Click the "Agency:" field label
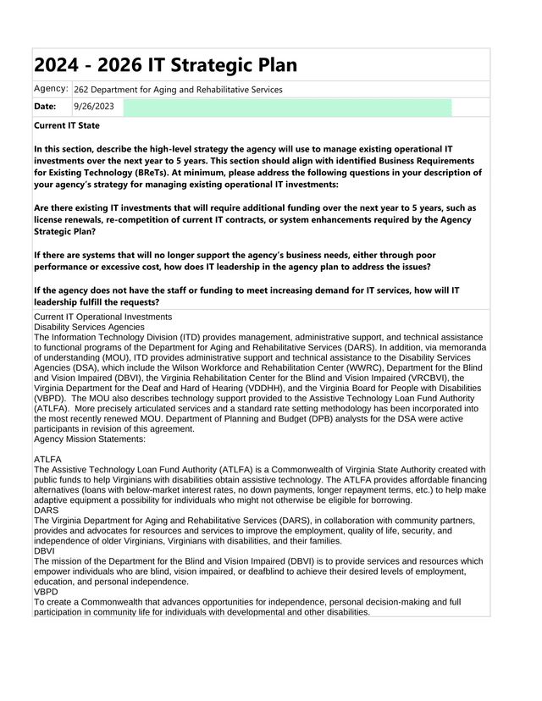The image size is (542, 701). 51,89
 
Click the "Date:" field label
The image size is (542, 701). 45,107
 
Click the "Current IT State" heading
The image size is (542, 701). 66,125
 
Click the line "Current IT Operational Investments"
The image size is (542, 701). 102,317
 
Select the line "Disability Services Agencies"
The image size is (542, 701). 89,326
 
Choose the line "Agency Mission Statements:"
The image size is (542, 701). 90,439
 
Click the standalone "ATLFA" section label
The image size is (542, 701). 47,460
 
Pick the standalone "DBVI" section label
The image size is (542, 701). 44,551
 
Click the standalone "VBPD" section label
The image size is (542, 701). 46,592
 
